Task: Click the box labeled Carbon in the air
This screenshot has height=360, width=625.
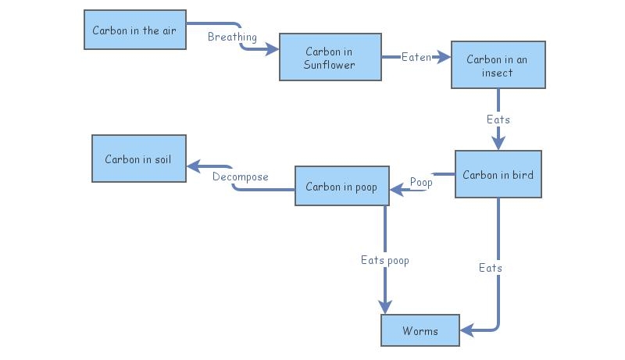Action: [135, 30]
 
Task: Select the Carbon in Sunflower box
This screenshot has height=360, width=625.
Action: [330, 57]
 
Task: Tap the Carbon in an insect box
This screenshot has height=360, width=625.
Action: [498, 66]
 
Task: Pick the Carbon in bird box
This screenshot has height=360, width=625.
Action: [498, 174]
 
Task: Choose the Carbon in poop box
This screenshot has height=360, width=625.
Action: [341, 187]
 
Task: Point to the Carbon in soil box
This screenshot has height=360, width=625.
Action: [138, 159]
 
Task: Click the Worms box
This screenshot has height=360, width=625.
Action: [420, 330]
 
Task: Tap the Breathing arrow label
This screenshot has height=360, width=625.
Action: [232, 37]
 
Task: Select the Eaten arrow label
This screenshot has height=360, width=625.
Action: [416, 57]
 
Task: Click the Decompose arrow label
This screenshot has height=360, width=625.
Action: [240, 176]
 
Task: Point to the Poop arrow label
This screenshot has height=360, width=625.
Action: [421, 182]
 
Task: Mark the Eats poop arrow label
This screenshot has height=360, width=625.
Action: [384, 260]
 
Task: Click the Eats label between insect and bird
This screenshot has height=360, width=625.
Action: [498, 119]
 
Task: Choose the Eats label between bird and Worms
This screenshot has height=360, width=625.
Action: [490, 268]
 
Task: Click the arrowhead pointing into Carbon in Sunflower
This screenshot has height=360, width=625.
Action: [272, 50]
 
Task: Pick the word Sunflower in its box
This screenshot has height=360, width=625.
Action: [329, 64]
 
